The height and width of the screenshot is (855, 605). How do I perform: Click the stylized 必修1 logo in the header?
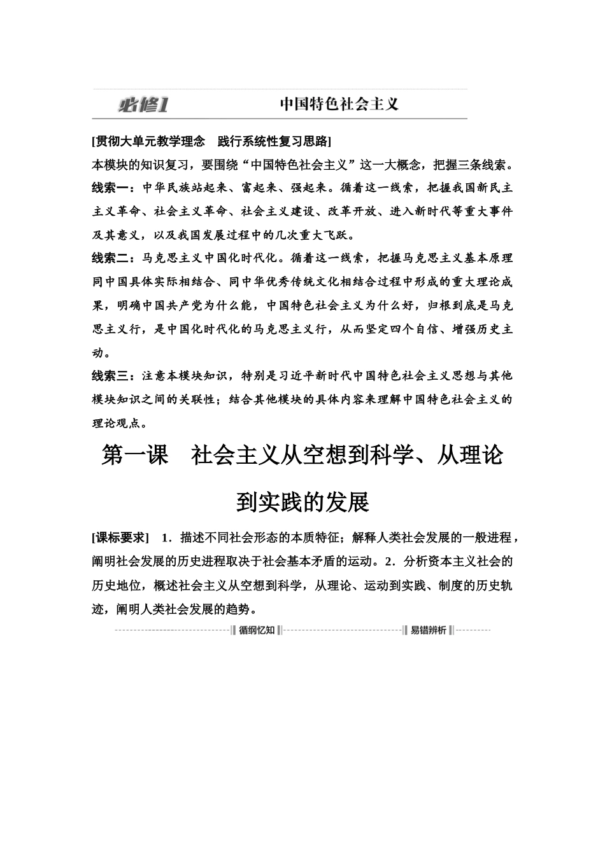click(x=143, y=104)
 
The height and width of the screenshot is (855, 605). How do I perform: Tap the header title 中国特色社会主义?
click(x=339, y=104)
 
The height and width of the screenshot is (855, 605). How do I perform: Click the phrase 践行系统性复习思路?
click(x=273, y=141)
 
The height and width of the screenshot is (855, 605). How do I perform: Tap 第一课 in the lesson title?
click(x=134, y=455)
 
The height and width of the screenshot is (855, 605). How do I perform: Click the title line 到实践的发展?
click(x=302, y=502)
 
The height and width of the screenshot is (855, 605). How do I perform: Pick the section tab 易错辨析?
click(x=428, y=630)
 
